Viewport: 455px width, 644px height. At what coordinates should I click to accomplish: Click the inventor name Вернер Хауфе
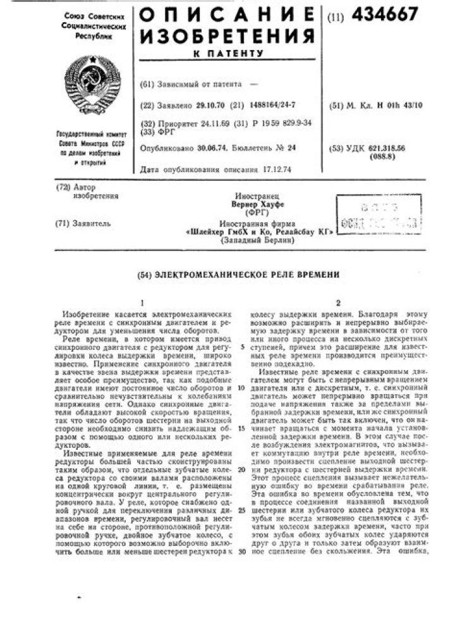pos(257,205)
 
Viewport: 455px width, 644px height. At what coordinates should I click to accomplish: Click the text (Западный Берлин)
pos(258,240)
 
